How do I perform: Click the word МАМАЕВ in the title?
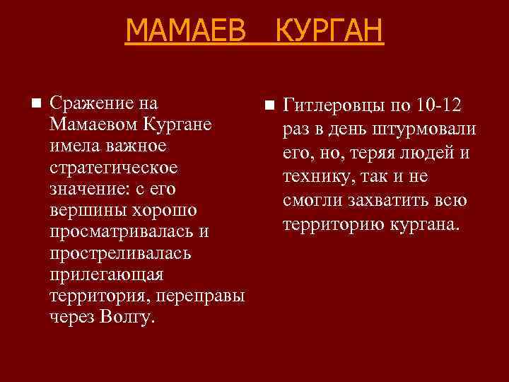tap(185, 31)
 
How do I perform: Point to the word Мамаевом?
tap(94, 125)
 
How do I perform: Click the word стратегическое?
tap(113, 169)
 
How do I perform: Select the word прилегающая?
tap(106, 274)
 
